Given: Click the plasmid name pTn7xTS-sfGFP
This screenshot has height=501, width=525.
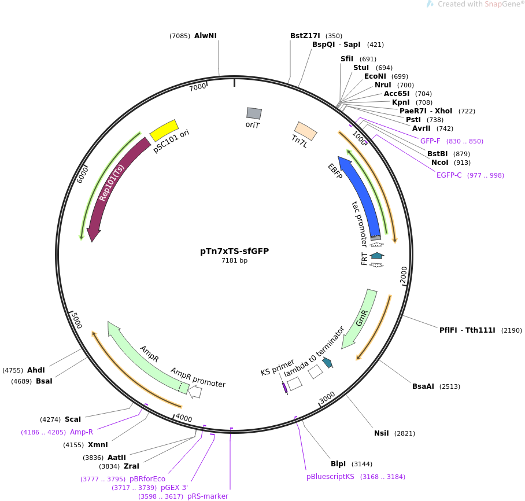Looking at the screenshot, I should [x=234, y=251].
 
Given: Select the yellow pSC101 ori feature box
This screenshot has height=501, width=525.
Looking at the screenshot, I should [x=164, y=130].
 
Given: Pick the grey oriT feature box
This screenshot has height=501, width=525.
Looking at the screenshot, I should [x=254, y=113].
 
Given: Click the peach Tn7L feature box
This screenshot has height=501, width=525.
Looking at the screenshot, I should [x=305, y=131].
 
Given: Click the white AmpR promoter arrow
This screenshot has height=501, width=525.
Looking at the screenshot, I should [x=195, y=392].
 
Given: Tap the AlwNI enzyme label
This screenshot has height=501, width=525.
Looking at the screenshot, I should [x=205, y=36].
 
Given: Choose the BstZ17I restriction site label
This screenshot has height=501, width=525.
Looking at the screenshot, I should [x=305, y=36].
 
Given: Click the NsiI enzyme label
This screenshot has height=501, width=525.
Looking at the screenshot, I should [x=382, y=433].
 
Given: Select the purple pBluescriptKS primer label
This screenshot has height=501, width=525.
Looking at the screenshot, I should [x=330, y=477].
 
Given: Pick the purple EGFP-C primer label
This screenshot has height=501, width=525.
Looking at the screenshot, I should [x=449, y=175].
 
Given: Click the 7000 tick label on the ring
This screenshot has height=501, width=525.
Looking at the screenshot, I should [x=198, y=87].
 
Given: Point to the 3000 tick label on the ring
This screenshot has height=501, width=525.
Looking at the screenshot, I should [x=327, y=397].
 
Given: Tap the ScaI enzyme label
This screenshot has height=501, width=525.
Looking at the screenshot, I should [x=73, y=419].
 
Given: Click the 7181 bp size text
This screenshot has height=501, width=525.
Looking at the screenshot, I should [x=234, y=261].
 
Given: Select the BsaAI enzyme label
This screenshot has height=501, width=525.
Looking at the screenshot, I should [x=423, y=386].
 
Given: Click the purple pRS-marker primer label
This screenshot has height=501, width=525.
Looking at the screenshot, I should [x=208, y=496].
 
